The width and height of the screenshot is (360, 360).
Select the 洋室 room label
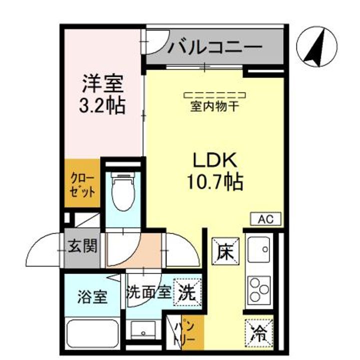[x=102, y=83]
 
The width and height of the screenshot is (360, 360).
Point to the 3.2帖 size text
[x=102, y=106]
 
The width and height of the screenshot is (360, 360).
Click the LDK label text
[x=214, y=161]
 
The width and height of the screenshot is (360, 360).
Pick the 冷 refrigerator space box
[x=259, y=331]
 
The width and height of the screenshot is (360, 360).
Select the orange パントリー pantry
[x=186, y=330]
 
